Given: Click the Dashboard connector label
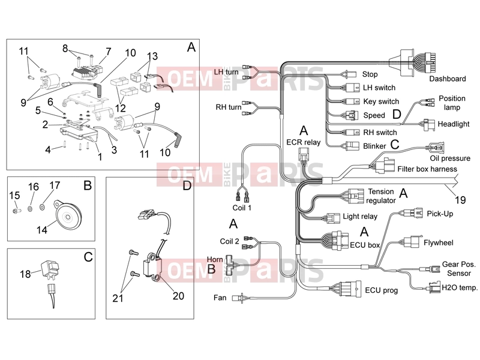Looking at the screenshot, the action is (447, 79).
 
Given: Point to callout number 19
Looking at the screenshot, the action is (460, 200).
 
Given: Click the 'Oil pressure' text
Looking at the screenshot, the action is (450, 158).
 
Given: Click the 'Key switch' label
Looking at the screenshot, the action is (381, 101).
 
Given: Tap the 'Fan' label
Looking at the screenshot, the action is (220, 298).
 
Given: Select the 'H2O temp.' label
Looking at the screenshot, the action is (460, 288).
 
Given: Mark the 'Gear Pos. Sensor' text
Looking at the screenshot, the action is (459, 268).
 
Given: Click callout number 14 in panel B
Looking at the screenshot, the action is (42, 230).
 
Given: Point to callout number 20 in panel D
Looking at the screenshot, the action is (178, 296).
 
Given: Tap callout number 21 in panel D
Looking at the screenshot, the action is (118, 298).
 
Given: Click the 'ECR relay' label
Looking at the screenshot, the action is (303, 142).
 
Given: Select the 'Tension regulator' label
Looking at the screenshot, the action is (381, 196).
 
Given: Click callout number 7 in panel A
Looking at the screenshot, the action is (109, 51).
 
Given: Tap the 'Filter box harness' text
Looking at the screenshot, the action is (427, 169).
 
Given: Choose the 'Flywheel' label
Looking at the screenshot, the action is (439, 243).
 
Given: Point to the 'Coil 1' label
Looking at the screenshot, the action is (242, 208).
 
